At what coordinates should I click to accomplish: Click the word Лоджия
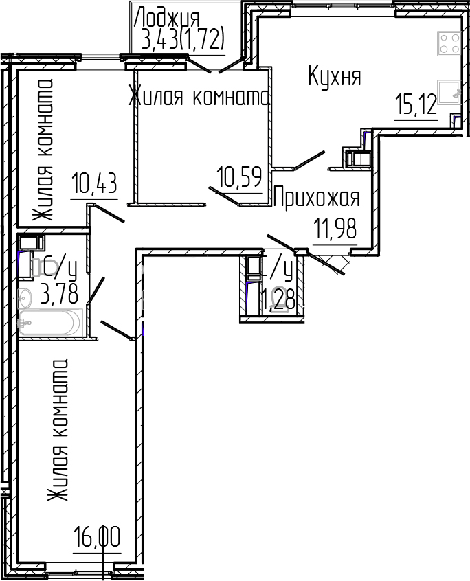point(167,16)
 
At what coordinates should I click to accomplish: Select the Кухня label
point(334,76)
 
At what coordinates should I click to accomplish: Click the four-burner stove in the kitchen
point(449,44)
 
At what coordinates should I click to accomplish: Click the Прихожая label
point(317,198)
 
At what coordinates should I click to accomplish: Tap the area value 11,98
point(335,229)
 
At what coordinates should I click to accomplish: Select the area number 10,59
point(239,178)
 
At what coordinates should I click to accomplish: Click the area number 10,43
point(94,184)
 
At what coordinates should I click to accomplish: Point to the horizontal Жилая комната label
point(199,98)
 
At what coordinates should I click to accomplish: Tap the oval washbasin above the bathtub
point(25,297)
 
